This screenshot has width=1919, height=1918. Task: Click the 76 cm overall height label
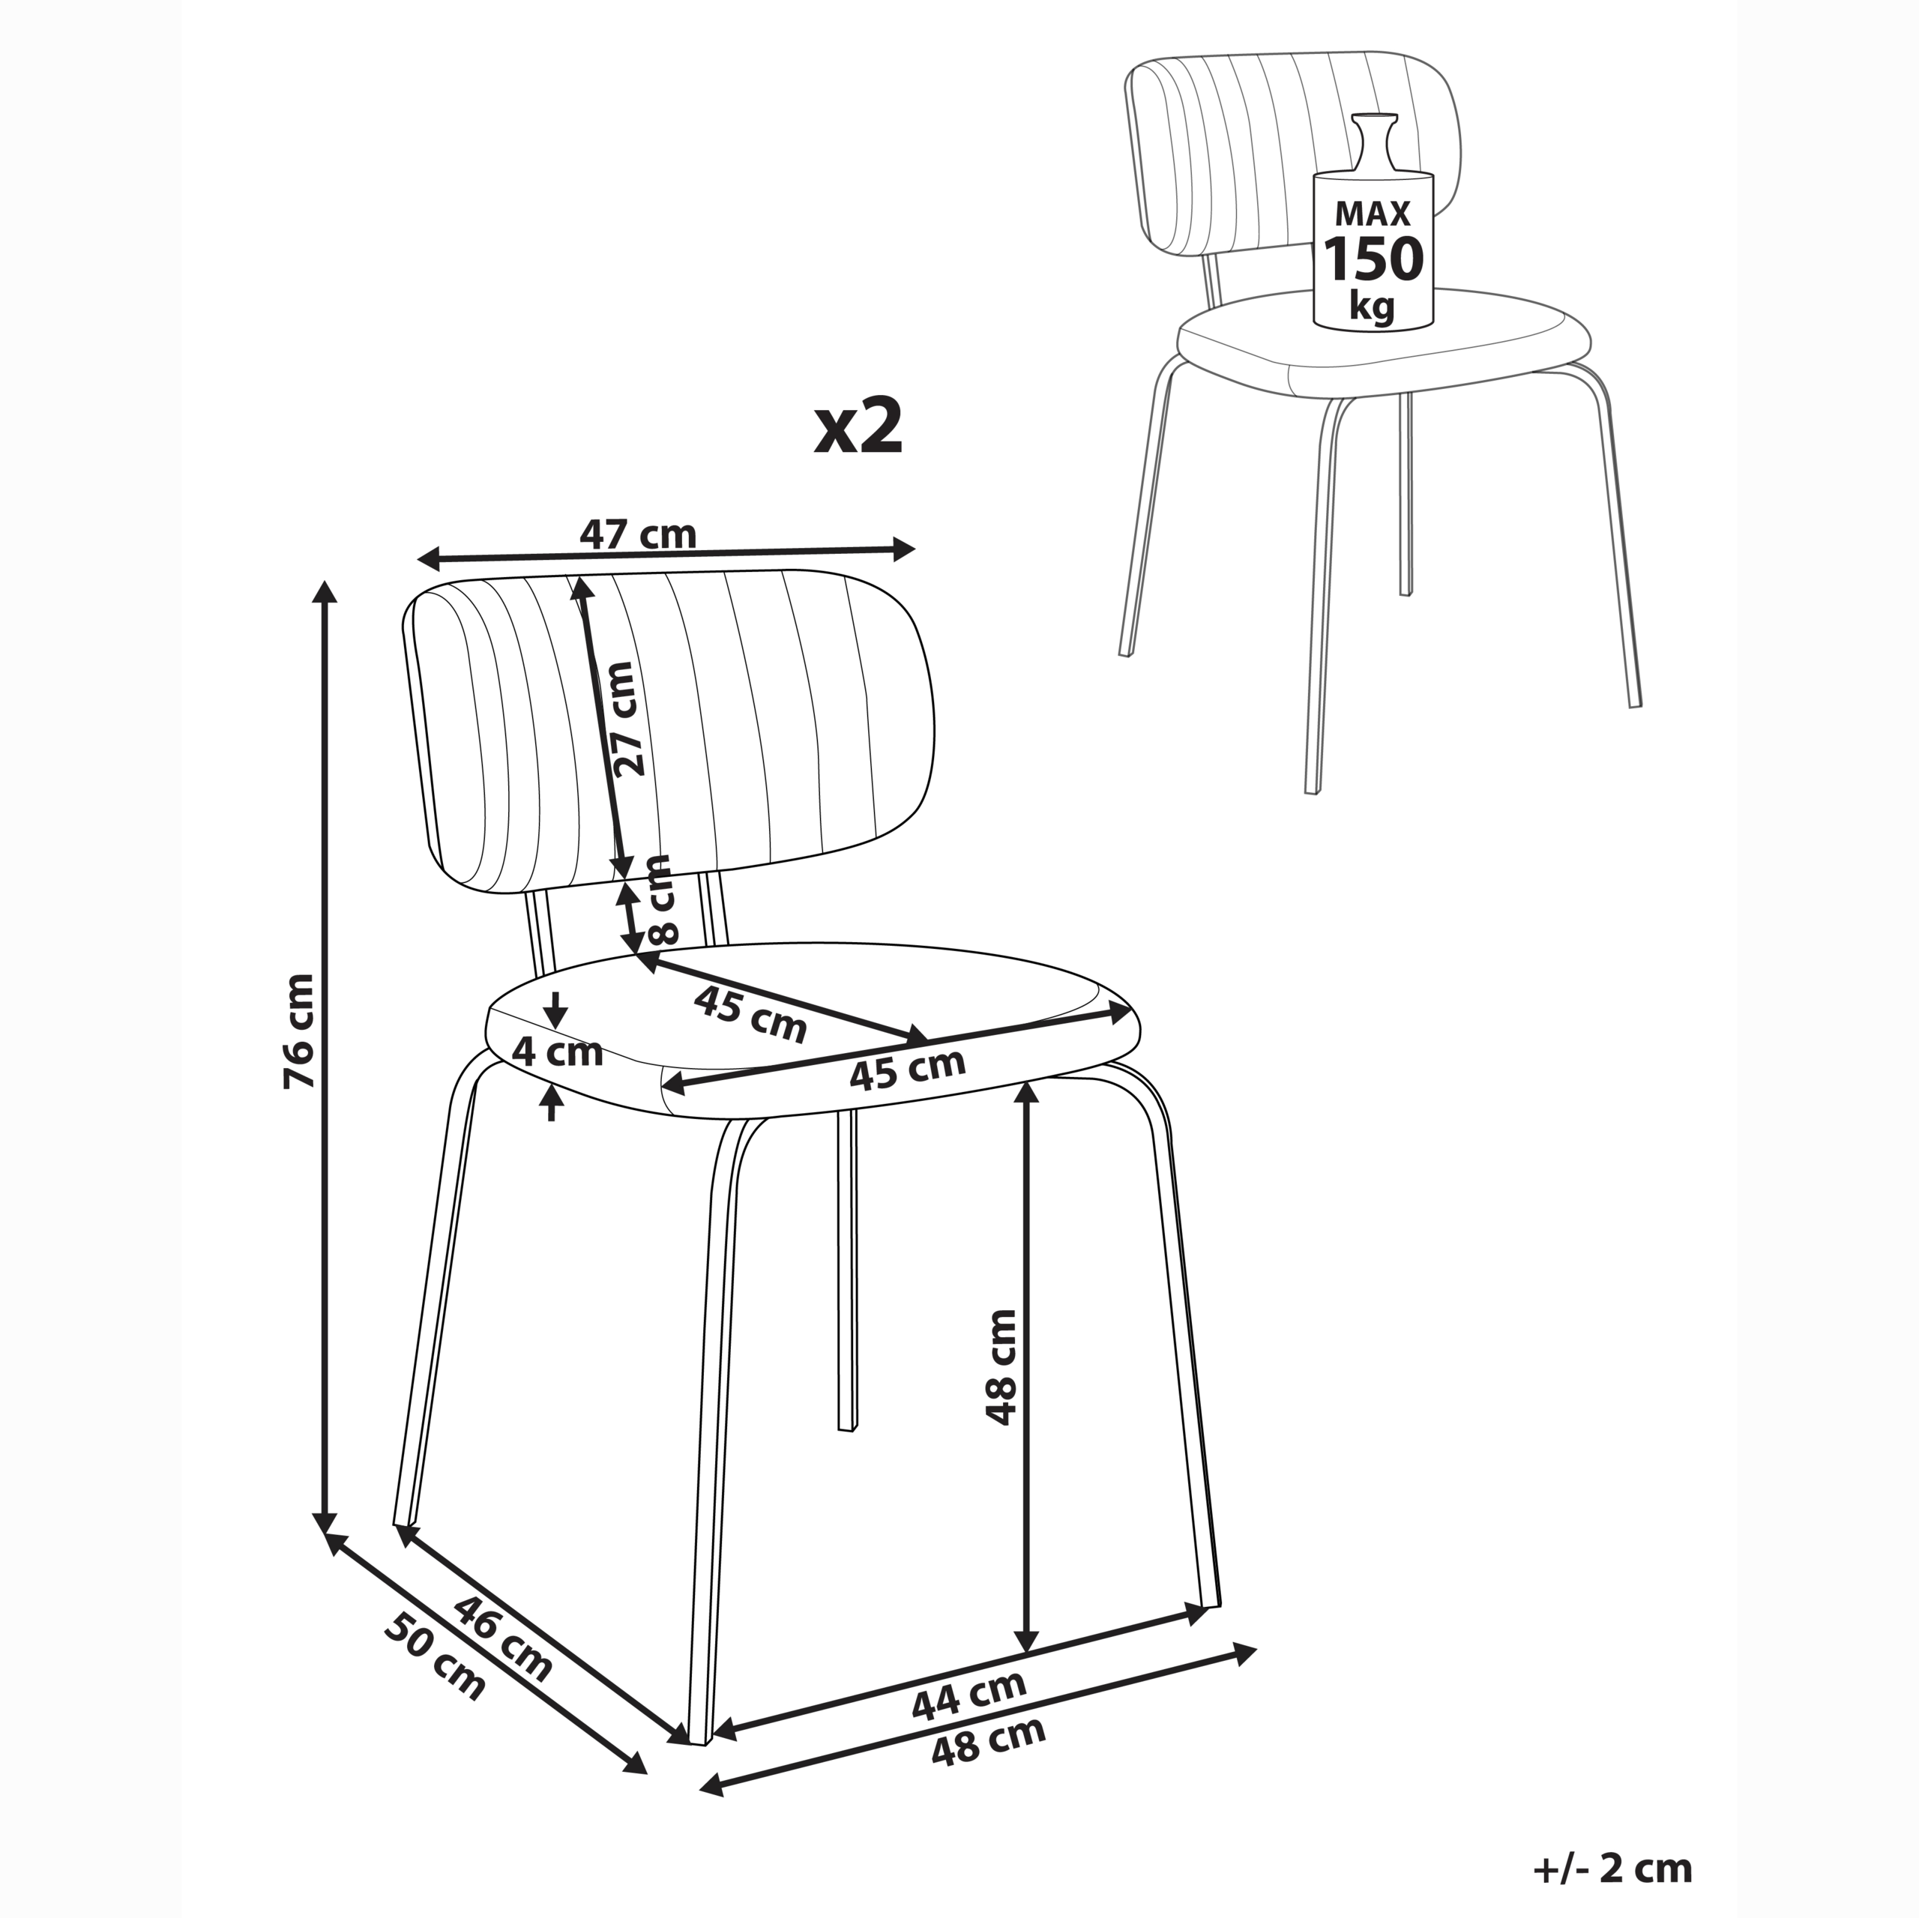[299, 1030]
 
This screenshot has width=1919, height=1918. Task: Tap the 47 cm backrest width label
[639, 534]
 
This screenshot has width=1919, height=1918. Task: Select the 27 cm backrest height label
[626, 719]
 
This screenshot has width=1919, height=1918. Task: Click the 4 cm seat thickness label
[556, 1052]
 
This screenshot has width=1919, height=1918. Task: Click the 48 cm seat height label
[1001, 1368]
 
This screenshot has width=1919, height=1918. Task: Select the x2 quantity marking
[858, 427]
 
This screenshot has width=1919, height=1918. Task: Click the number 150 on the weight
[1374, 259]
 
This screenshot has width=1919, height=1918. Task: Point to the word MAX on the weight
[1373, 213]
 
